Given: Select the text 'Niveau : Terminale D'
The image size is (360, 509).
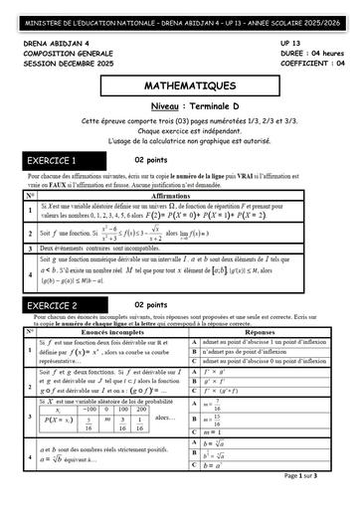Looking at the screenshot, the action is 180,105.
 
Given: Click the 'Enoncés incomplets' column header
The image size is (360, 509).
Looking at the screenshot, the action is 109,335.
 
